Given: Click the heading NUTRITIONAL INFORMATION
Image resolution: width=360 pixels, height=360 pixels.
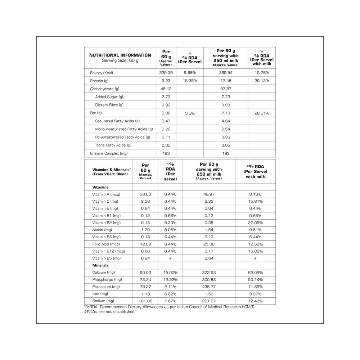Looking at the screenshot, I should click(x=120, y=55).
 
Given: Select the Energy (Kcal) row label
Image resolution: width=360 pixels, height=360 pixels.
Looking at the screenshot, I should click(x=102, y=73).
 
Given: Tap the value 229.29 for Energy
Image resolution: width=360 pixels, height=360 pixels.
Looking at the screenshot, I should click(x=166, y=73).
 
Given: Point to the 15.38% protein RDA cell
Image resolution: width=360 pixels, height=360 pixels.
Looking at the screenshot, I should click(x=190, y=81).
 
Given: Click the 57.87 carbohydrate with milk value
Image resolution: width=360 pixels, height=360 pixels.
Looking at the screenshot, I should click(x=225, y=89).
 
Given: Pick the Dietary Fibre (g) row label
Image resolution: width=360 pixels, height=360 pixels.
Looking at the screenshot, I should click(x=109, y=105).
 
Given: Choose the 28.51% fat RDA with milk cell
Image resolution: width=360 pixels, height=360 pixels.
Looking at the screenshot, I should click(x=261, y=113).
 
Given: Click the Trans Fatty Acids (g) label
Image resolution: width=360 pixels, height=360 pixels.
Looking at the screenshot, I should click(x=113, y=145).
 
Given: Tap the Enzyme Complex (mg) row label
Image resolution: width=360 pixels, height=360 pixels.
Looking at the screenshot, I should click(x=109, y=153).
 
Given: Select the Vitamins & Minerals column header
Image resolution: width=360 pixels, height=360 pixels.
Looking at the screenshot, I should click(x=111, y=171).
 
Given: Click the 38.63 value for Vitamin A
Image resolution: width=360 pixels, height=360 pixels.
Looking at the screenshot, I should click(x=145, y=194).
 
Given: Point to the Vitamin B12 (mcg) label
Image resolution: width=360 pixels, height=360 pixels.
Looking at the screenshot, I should click(x=108, y=251).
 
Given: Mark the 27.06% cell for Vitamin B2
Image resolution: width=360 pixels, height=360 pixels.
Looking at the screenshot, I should click(x=255, y=222).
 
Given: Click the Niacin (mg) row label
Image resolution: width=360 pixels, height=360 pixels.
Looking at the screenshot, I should click(x=102, y=230).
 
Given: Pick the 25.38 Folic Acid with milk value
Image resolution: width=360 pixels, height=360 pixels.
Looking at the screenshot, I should click(x=209, y=244).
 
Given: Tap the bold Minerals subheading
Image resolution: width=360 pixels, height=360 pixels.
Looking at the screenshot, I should click(x=100, y=265).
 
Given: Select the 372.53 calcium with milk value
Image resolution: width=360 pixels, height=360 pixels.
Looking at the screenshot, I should click(x=209, y=273).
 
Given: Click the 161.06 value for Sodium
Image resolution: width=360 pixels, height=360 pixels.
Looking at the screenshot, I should click(x=145, y=301).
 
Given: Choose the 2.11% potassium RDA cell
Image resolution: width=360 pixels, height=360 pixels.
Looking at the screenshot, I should click(x=170, y=287).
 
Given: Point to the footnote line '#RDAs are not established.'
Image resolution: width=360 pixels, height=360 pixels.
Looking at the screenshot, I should click(x=109, y=312).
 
